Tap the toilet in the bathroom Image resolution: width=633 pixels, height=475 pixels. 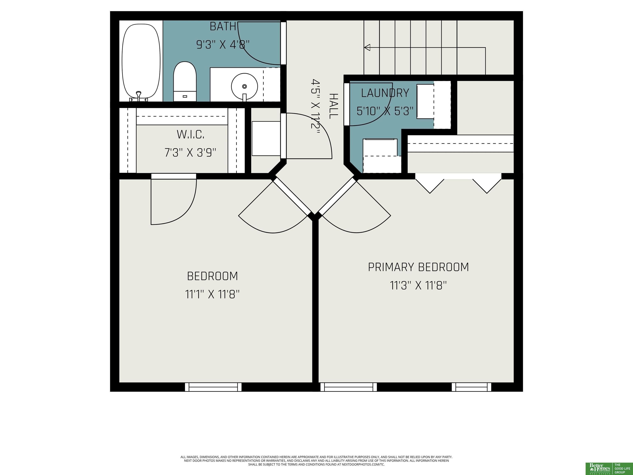tap(185, 81)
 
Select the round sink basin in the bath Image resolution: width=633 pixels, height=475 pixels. tap(244, 86)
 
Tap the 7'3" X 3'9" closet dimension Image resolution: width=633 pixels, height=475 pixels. tap(190, 153)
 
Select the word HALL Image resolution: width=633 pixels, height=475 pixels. tap(334, 106)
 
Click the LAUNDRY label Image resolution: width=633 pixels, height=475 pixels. tap(385, 93)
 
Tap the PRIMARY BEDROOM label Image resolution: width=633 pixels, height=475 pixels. tap(418, 267)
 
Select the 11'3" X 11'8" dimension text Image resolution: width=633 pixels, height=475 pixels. tap(418, 286)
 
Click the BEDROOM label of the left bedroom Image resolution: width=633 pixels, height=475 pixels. tap(212, 276)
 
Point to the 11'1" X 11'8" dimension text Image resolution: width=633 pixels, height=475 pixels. tap(212, 294)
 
